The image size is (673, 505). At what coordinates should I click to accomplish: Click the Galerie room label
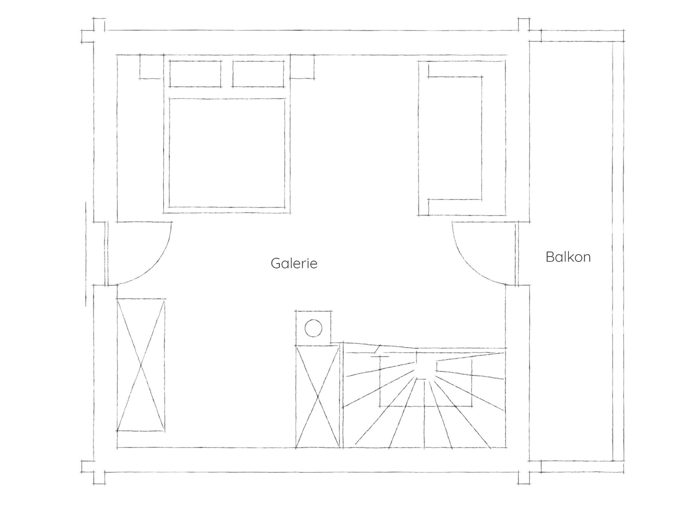294,264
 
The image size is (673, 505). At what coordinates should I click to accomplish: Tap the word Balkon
568,257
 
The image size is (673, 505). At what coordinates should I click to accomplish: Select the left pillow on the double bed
195,74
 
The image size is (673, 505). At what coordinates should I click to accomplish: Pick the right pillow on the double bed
258,74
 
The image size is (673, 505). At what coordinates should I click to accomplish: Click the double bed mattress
227,153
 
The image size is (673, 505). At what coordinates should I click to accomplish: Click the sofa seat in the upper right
455,138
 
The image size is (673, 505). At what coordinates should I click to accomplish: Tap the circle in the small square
313,328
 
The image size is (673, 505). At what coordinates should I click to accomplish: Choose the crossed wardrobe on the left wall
141,365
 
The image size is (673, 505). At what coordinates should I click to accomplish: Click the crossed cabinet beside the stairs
317,397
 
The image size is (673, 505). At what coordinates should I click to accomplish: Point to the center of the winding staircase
426,368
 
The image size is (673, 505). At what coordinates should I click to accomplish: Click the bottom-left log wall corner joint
93,472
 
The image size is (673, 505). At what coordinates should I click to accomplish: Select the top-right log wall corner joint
524,30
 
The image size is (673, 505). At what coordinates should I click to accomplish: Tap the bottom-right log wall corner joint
524,472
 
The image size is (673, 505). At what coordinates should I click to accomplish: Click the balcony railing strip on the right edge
618,252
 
